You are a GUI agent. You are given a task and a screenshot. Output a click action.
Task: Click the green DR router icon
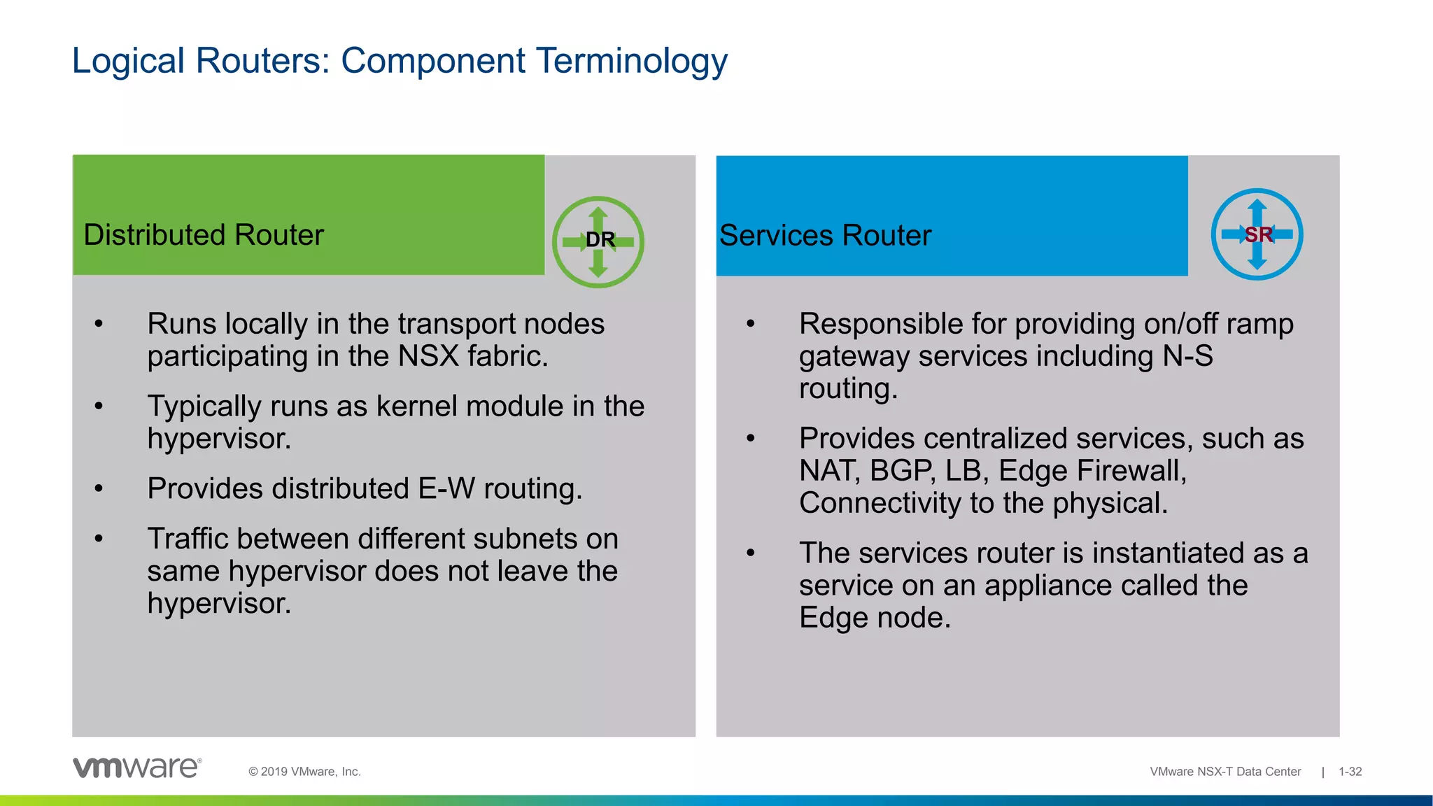[598, 241]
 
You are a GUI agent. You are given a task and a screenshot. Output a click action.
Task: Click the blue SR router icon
[1257, 234]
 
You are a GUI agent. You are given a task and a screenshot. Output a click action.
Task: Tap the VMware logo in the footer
[137, 768]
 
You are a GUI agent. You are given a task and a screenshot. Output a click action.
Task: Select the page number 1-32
[1350, 772]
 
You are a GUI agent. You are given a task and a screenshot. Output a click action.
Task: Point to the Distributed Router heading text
[204, 235]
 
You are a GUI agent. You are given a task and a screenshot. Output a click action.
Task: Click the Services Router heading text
[825, 236]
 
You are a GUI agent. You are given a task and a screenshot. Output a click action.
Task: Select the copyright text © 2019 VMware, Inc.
[304, 772]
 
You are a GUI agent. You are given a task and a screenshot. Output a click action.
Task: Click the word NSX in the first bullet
[429, 356]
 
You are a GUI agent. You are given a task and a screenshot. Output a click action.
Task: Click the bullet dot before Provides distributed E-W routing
[99, 488]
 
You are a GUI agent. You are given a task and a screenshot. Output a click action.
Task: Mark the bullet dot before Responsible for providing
[751, 324]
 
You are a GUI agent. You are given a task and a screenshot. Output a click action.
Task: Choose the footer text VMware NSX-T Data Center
[1225, 772]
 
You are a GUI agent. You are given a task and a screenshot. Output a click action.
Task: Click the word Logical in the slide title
[128, 61]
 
